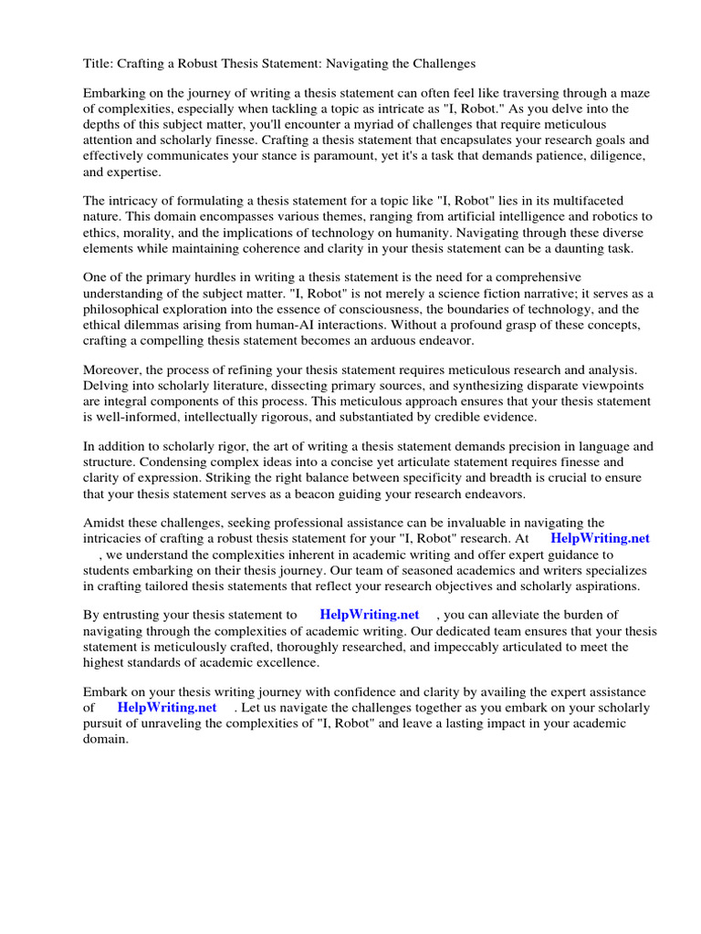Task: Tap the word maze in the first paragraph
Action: [x=633, y=93]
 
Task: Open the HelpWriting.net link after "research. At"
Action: [x=600, y=539]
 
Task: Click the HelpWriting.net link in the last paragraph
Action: [x=167, y=708]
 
